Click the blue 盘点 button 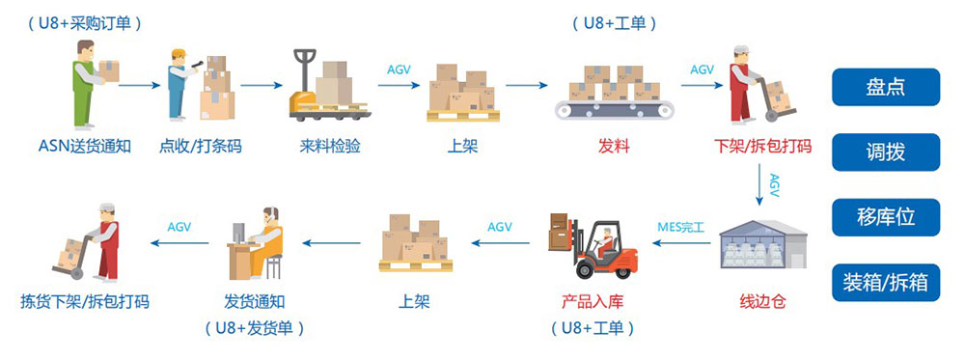pyautogui.click(x=886, y=87)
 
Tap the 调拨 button pyautogui.click(x=886, y=152)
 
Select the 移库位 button pyautogui.click(x=886, y=217)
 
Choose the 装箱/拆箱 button pyautogui.click(x=886, y=283)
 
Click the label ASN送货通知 pyautogui.click(x=85, y=147)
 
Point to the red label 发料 pyautogui.click(x=614, y=147)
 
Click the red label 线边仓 pyautogui.click(x=762, y=302)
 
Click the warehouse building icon pyautogui.click(x=763, y=244)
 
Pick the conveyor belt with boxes pyautogui.click(x=614, y=92)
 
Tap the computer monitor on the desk pyautogui.click(x=237, y=233)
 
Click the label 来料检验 pyautogui.click(x=330, y=147)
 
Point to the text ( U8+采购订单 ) pyautogui.click(x=85, y=24)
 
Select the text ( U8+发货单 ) pyautogui.click(x=254, y=328)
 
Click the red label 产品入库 pyautogui.click(x=593, y=302)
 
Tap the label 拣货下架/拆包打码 pyautogui.click(x=85, y=302)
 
